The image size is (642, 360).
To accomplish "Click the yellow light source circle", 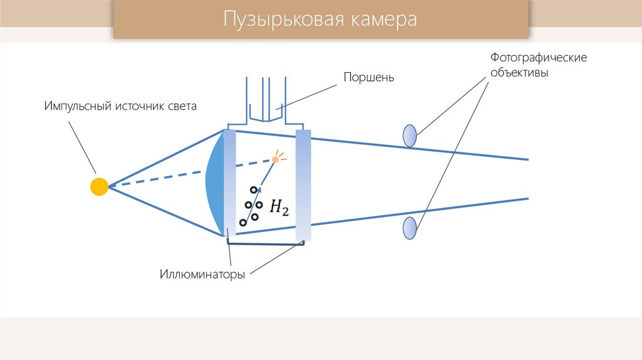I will point(99,186).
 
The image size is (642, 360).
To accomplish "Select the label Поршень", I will point(368,78).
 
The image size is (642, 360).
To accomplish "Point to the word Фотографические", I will point(538,58).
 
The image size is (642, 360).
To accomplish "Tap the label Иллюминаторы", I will point(201,275).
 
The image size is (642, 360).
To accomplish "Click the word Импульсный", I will point(77,106).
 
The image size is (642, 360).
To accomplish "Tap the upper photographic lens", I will point(409,135).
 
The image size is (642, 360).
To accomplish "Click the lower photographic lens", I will point(409,228).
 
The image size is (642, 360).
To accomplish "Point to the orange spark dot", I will point(275,159).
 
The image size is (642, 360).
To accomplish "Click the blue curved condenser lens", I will point(214,183).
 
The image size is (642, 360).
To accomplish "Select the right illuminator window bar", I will point(303,186).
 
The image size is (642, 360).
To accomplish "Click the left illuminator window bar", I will point(229,183).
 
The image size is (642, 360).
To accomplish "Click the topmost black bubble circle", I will point(253,190).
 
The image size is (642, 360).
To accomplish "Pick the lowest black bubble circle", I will point(243,222).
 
